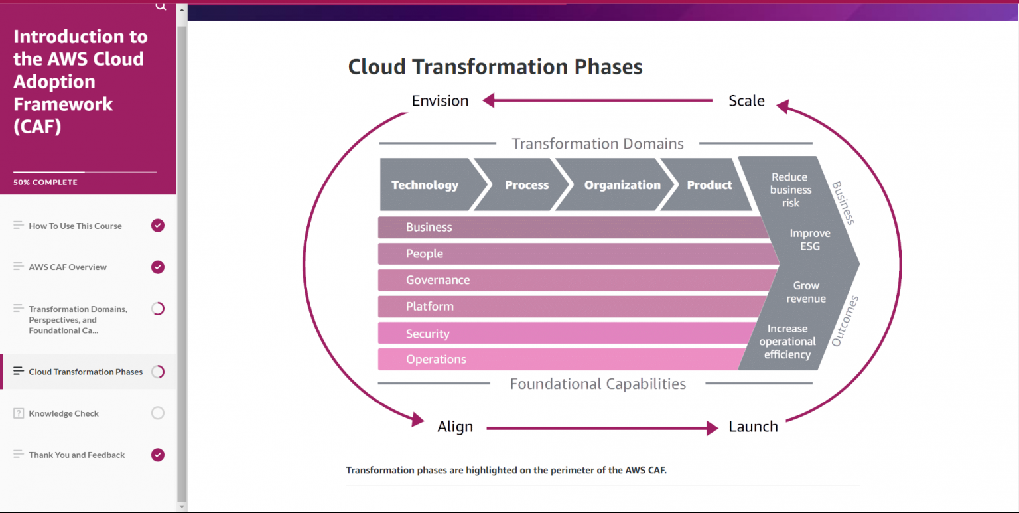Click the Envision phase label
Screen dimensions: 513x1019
pos(440,101)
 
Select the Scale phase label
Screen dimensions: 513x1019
pos(746,101)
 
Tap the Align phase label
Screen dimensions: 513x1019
pos(455,427)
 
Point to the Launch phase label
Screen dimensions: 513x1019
pos(753,427)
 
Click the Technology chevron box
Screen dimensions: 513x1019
pos(425,185)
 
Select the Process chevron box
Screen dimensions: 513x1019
pos(527,185)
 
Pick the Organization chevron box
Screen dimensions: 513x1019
pos(622,185)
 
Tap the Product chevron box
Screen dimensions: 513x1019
pos(709,185)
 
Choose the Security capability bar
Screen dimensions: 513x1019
pos(564,334)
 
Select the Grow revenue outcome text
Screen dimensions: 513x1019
pos(806,292)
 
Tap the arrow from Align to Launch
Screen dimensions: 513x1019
pos(600,429)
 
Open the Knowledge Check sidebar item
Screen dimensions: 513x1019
pos(64,413)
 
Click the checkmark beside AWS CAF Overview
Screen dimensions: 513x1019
pos(157,267)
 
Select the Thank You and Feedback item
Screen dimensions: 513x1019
pos(76,455)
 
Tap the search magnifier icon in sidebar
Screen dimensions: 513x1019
pos(161,6)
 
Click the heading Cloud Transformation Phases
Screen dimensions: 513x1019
pos(495,67)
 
